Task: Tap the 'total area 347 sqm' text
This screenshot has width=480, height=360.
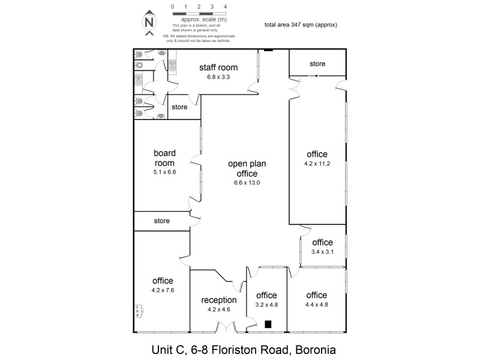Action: pos(300,25)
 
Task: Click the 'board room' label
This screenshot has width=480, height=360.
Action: pos(164,158)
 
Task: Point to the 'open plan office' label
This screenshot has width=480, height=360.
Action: pos(247,168)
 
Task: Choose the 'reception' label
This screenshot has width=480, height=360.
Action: pos(218,300)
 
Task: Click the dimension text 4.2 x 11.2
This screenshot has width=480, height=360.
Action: pos(317,162)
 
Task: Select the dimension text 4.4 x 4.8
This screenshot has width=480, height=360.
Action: pos(316,304)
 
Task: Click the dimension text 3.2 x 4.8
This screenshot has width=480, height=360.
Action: pos(266,304)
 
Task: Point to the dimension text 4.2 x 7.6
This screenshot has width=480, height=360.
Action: pos(162,290)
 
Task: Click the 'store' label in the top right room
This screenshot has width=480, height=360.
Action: pos(317,64)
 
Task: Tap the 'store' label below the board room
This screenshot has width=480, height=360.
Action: pos(161,221)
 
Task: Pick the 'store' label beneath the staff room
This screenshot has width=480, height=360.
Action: pos(179,107)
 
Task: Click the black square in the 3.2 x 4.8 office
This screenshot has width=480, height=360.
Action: pos(268,325)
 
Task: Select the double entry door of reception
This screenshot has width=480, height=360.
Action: pos(226,328)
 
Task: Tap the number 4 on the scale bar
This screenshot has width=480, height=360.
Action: pos(224,7)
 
